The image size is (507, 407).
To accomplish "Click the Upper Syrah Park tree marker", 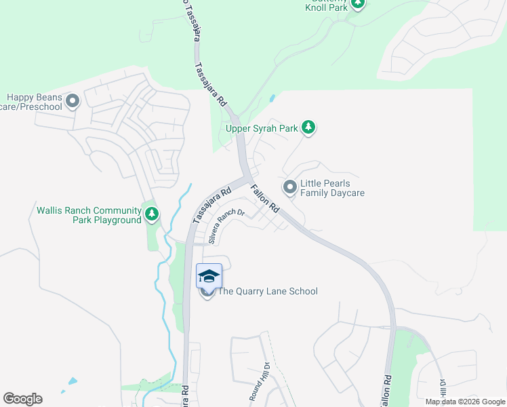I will pyautogui.click(x=308, y=128).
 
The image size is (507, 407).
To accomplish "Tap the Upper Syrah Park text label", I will pyautogui.click(x=261, y=128).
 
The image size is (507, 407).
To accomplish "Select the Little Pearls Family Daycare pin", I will pyautogui.click(x=290, y=187).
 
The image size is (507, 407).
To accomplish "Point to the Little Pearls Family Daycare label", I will pyautogui.click(x=332, y=188).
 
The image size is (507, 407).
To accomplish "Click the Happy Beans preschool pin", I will pyautogui.click(x=73, y=102).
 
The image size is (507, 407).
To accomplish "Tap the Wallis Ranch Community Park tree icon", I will pyautogui.click(x=152, y=215).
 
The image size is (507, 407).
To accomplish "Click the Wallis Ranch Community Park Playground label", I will pyautogui.click(x=89, y=215).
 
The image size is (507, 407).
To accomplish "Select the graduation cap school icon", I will pyautogui.click(x=209, y=276).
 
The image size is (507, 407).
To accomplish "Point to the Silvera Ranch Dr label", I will pyautogui.click(x=226, y=227).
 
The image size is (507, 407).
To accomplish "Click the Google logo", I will pyautogui.click(x=22, y=398).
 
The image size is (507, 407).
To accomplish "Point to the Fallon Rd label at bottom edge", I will pyautogui.click(x=385, y=391).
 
